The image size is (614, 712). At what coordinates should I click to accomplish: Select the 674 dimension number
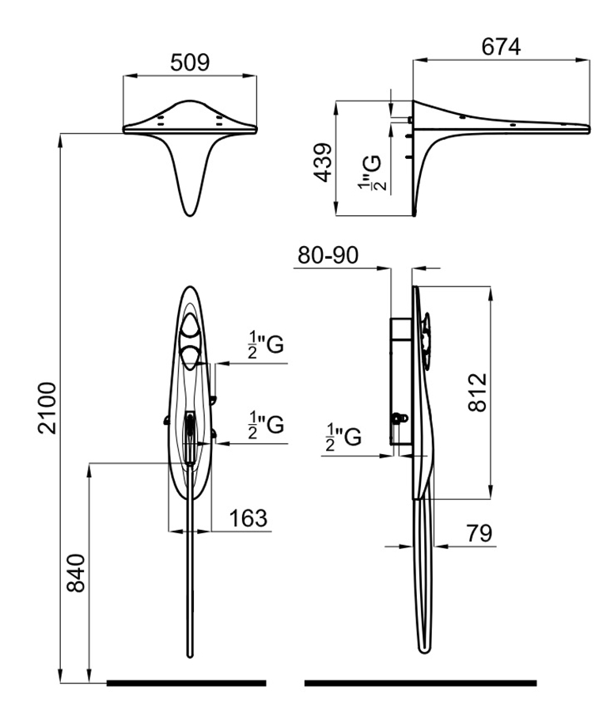click(x=501, y=47)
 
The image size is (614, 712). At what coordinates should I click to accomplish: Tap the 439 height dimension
click(x=324, y=162)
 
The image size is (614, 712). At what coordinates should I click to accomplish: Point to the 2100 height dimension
click(x=48, y=407)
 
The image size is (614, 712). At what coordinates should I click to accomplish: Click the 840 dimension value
click(x=75, y=570)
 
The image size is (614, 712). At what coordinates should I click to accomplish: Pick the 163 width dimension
click(x=248, y=519)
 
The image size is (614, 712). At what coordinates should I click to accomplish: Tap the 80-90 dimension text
click(x=328, y=256)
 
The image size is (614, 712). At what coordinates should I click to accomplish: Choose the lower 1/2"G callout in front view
click(x=265, y=425)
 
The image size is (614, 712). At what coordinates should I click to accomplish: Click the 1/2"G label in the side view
click(x=343, y=435)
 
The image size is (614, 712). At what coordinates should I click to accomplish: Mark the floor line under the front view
click(x=186, y=683)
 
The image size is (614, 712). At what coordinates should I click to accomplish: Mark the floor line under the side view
click(x=420, y=683)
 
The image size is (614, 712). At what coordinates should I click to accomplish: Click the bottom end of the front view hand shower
click(x=190, y=653)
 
